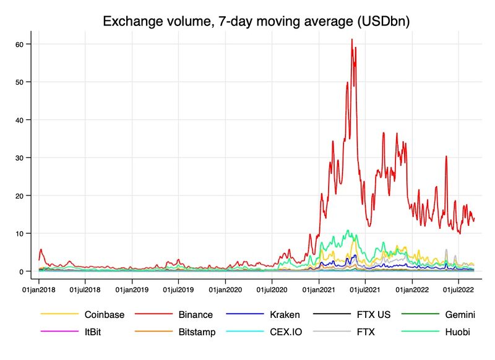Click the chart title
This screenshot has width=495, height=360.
pos(256,22)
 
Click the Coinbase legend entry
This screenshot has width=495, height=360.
pos(104,315)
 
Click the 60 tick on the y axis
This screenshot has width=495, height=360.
pos(19,45)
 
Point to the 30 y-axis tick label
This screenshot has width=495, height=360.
pos(19,158)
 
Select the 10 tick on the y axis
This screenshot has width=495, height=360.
pos(19,234)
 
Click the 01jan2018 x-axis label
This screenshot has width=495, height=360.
pos(40,289)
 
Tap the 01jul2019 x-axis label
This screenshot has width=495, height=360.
pos(179,289)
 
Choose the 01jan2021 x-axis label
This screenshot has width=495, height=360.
pos(319,289)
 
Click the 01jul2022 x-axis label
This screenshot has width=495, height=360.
pos(458,289)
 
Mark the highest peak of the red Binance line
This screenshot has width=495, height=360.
pos(351,40)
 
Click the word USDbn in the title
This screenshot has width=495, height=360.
pos(376,22)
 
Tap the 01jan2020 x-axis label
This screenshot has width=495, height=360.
pos(225,289)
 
